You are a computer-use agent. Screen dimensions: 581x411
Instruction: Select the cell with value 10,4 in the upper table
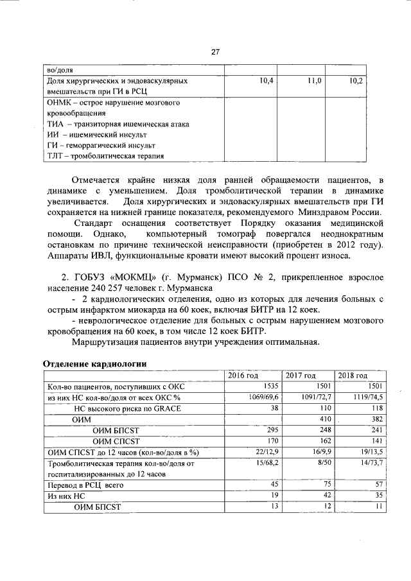pos(266,82)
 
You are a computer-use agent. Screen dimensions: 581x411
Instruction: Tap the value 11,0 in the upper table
pos(314,82)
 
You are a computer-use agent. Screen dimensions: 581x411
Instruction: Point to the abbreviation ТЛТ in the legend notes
pos(56,156)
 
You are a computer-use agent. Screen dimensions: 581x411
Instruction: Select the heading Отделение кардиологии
pos(94,363)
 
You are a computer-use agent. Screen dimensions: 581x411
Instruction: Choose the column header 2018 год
pos(353,376)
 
